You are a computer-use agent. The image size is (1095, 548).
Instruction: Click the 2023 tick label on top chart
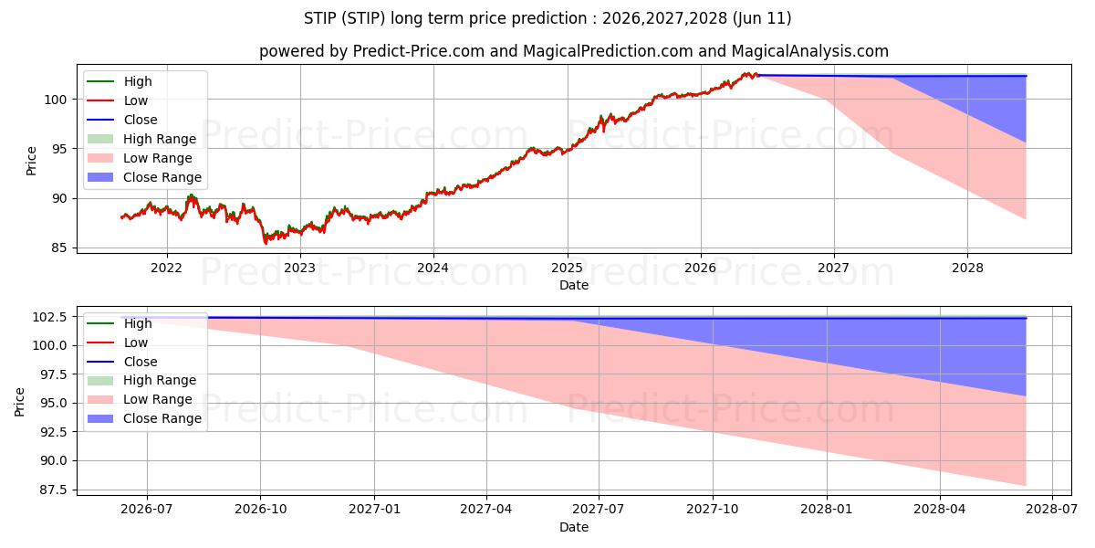[299, 269]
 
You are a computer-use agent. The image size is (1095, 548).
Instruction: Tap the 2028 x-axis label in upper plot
[967, 269]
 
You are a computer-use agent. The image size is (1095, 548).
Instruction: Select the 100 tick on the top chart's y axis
[55, 100]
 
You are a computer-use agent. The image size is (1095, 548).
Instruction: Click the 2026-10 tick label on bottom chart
[260, 510]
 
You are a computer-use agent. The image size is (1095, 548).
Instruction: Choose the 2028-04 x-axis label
[940, 510]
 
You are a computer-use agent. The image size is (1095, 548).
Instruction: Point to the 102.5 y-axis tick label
[49, 317]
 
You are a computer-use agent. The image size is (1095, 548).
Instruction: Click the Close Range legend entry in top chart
[144, 177]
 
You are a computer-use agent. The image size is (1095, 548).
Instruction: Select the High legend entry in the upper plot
[120, 81]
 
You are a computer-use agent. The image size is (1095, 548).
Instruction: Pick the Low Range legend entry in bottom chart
[140, 399]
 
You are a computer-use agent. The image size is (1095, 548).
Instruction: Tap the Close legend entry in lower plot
[122, 362]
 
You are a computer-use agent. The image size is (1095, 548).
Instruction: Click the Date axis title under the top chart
[574, 285]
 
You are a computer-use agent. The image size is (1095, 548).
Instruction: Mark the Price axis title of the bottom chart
[19, 402]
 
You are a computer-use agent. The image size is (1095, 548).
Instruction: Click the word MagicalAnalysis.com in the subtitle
[810, 51]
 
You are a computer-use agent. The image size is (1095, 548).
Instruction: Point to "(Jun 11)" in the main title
[762, 18]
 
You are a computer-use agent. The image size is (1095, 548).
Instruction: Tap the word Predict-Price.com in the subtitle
[419, 51]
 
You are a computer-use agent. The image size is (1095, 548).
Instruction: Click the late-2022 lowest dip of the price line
[266, 243]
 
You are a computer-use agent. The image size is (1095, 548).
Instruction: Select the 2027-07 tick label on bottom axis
[599, 510]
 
